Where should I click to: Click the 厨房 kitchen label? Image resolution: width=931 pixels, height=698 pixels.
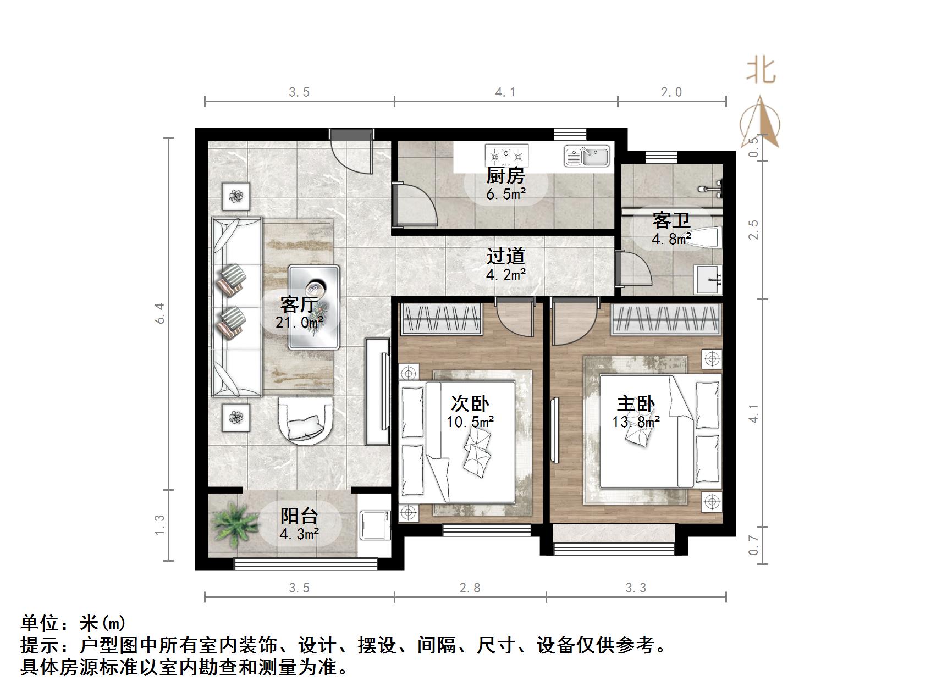[x=505, y=176]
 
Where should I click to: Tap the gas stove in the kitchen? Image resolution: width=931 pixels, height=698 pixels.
[x=506, y=156]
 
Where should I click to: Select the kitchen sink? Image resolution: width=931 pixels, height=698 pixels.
[x=587, y=156]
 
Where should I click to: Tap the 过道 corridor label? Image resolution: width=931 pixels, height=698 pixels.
[x=506, y=256]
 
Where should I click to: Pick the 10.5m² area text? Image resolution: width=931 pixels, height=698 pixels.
[x=470, y=422]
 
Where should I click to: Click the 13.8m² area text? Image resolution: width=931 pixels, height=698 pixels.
[x=636, y=422]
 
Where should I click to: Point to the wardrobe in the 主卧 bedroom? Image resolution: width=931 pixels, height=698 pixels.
[x=666, y=320]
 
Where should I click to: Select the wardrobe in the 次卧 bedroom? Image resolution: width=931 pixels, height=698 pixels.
[x=442, y=320]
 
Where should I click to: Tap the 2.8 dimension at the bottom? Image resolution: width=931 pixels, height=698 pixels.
[x=470, y=588]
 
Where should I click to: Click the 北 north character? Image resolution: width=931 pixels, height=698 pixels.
[x=761, y=70]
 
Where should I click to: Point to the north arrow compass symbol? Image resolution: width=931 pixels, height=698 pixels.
[x=760, y=124]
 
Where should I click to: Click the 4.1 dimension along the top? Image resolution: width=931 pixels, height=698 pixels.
[x=505, y=92]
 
